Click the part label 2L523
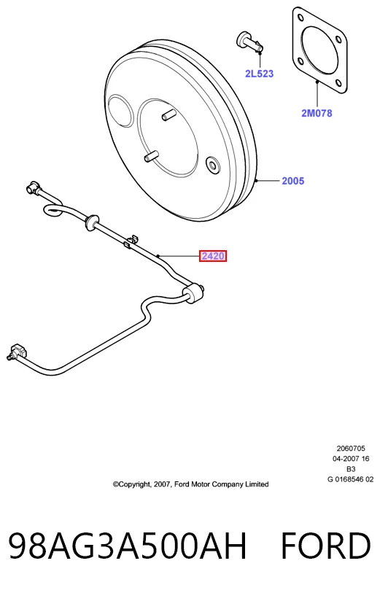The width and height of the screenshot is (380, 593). pos(259,74)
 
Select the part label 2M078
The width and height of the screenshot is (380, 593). pos(317,113)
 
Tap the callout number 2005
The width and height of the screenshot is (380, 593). pos(292,181)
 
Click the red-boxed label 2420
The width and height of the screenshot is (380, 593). pos(213,257)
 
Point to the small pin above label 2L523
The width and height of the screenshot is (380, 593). pos(249,42)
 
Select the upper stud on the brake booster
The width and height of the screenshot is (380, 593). pos(168,115)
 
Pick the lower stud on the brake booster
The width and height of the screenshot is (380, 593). pos(150,156)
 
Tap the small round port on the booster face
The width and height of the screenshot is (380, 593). pos(213,165)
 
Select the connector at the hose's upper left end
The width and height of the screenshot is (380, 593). pos(33,187)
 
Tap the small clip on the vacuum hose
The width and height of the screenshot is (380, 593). pos(131,241)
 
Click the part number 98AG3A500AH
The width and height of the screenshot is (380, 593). pos(128,546)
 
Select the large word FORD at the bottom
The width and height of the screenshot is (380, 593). pos(325,546)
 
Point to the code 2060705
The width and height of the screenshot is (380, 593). pos(351,449)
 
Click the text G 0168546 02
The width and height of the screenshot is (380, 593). pos(351,479)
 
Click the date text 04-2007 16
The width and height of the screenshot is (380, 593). pos(351,459)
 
